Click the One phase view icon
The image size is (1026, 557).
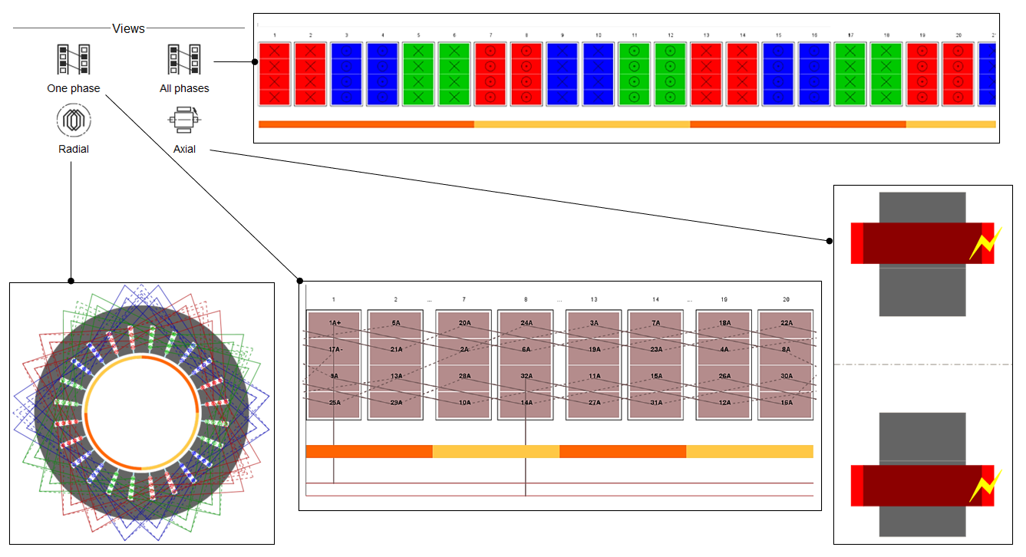pyautogui.click(x=74, y=61)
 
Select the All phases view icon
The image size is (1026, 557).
pyautogui.click(x=184, y=61)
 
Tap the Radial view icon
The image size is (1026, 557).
pyautogui.click(x=74, y=120)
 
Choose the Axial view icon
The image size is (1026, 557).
pyautogui.click(x=184, y=120)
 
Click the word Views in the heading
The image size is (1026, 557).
pyautogui.click(x=128, y=28)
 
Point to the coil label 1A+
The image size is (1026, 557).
pyautogui.click(x=334, y=323)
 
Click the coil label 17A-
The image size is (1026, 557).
pyautogui.click(x=334, y=349)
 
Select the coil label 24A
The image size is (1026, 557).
pyautogui.click(x=526, y=323)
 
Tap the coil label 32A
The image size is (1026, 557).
pyautogui.click(x=526, y=376)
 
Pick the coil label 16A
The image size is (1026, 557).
pyautogui.click(x=786, y=402)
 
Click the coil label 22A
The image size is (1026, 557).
pyautogui.click(x=786, y=323)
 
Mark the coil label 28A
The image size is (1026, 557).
pyautogui.click(x=464, y=376)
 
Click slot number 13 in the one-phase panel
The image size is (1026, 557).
pyautogui.click(x=594, y=299)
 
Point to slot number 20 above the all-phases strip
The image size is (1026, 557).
pyautogui.click(x=958, y=35)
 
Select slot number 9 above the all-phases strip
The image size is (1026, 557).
pyautogui.click(x=562, y=35)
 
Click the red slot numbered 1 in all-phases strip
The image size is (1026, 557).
pyautogui.click(x=275, y=74)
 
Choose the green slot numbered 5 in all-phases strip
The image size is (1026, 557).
pyautogui.click(x=418, y=74)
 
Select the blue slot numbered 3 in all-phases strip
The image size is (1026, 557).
pyautogui.click(x=346, y=74)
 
